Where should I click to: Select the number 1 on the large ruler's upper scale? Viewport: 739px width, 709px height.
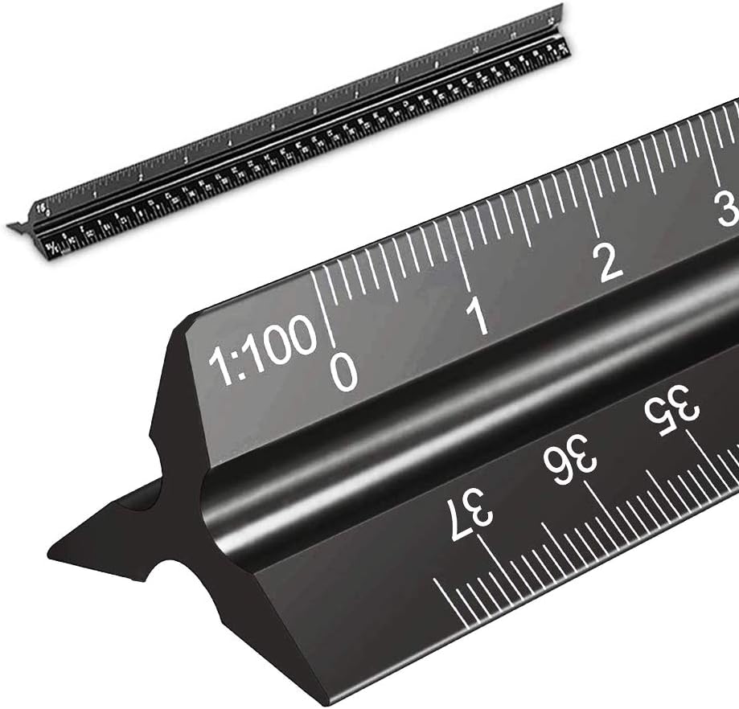coord(479,317)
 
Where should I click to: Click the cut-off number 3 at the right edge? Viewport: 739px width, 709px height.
coord(727,210)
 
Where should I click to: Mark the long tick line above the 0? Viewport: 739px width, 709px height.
coord(325,309)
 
